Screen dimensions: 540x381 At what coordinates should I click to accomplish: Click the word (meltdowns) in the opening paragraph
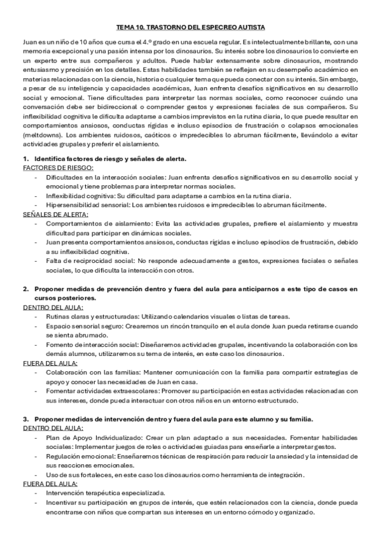[x=41, y=136]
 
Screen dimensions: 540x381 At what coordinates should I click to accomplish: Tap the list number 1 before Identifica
[x=25, y=158]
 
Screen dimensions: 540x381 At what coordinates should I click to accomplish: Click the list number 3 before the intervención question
[x=25, y=419]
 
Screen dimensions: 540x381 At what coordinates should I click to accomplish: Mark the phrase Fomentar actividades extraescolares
[x=97, y=391]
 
